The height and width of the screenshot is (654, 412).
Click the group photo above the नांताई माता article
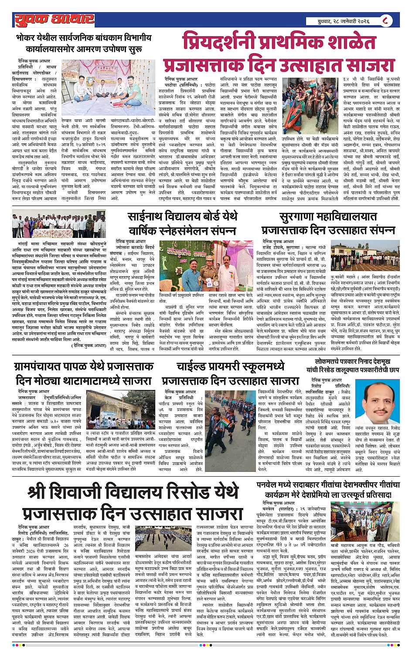pyautogui.click(x=59, y=224)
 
